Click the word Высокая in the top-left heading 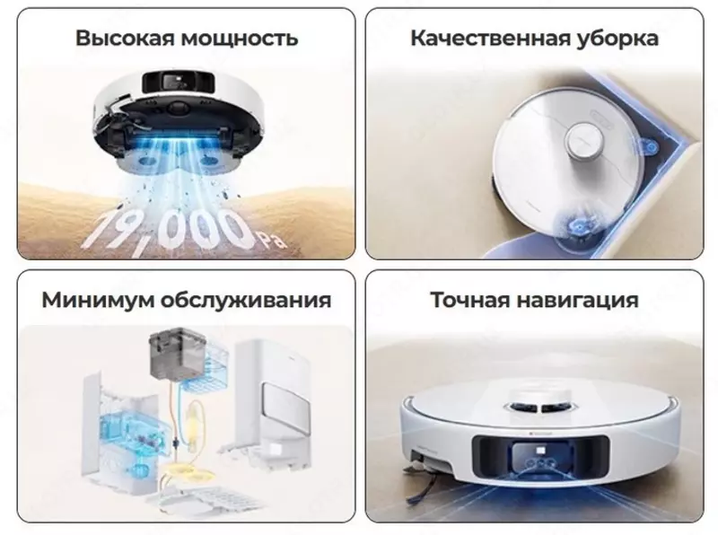[125, 39]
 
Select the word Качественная [489, 39]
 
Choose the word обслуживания [247, 300]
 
